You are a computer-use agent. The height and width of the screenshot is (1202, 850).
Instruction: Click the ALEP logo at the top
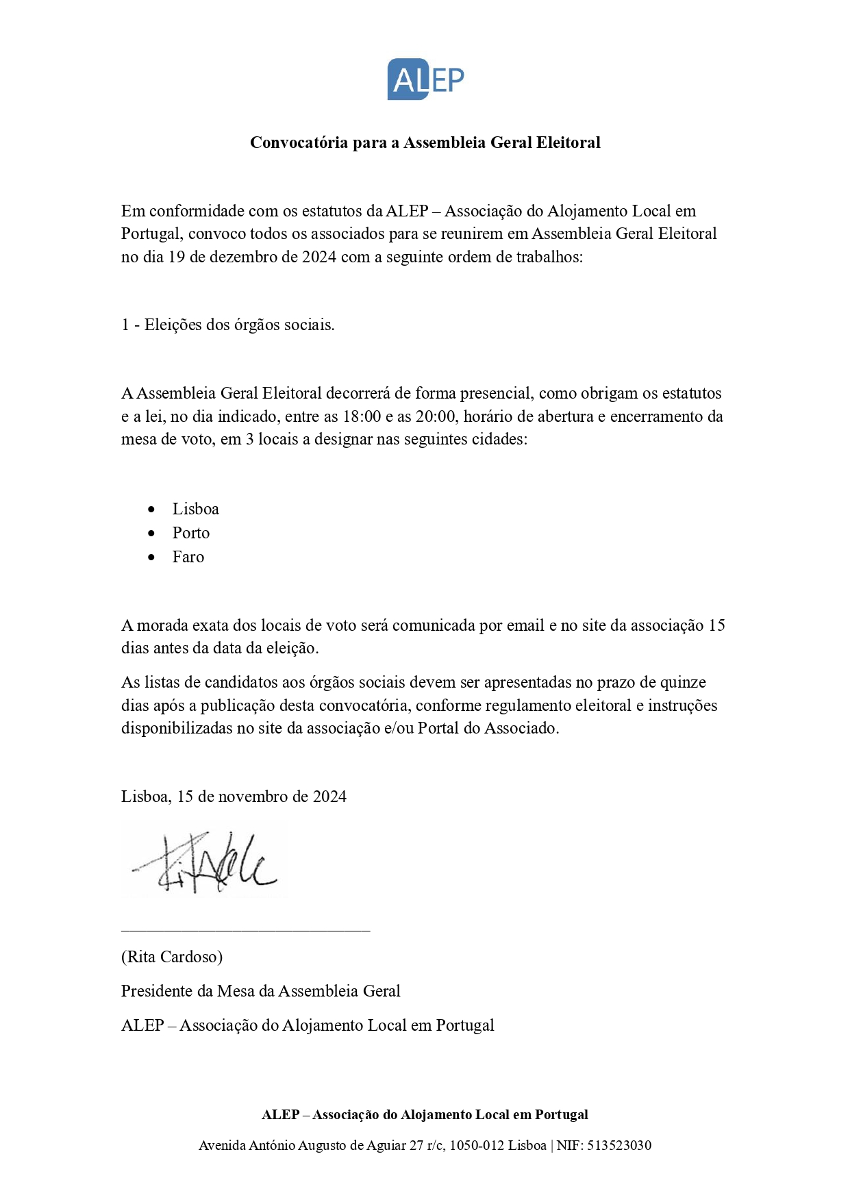[x=425, y=79]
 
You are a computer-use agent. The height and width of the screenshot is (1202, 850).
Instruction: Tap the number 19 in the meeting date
[x=177, y=257]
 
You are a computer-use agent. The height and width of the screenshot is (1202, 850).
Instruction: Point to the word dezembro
[x=246, y=257]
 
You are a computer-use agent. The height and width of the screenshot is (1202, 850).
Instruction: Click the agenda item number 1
[x=125, y=325]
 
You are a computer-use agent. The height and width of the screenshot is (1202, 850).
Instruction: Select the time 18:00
[x=362, y=416]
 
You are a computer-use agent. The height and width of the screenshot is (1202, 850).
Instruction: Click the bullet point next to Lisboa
[x=151, y=510]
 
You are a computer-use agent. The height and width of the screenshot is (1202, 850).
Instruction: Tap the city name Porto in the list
[x=190, y=533]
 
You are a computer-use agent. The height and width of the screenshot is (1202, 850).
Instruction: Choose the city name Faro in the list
[x=188, y=557]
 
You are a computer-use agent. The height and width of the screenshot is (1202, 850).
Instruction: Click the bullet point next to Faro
[x=151, y=558]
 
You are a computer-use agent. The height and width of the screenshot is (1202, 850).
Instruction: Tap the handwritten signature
[x=204, y=862]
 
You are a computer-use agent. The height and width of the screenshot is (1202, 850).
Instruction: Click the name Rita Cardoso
[x=172, y=957]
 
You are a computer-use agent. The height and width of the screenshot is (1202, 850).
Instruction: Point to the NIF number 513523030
[x=619, y=1145]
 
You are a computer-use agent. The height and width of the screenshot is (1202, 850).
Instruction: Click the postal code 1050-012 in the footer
[x=476, y=1145]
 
